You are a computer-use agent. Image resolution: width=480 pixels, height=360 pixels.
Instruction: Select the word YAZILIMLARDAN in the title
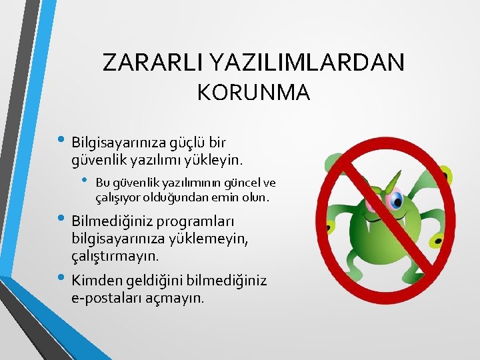pos(307,62)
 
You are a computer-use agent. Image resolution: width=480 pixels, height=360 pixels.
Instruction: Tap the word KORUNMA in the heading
pos(253,93)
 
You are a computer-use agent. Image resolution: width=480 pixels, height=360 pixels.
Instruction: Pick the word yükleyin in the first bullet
pos(214,160)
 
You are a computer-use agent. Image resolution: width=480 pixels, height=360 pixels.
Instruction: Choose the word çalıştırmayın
pos(115,255)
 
